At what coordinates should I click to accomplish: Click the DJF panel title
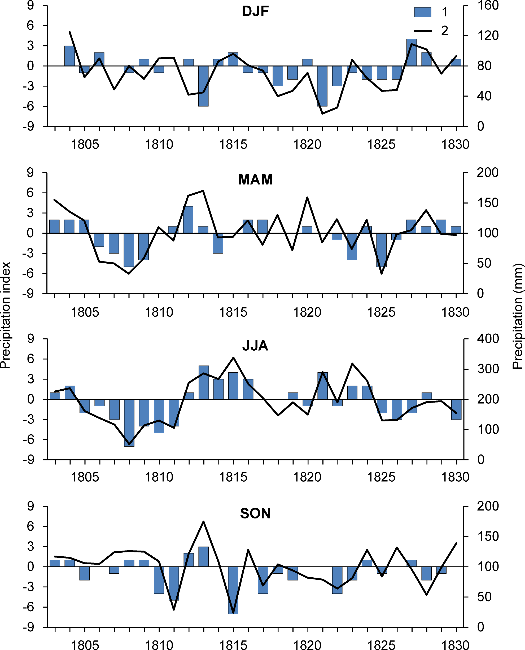pyautogui.click(x=255, y=11)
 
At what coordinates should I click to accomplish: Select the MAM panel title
pyautogui.click(x=255, y=180)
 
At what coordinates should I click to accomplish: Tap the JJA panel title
pyautogui.click(x=255, y=346)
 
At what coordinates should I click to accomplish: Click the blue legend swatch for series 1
pyautogui.click(x=422, y=12)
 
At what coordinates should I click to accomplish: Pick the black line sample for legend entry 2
pyautogui.click(x=422, y=31)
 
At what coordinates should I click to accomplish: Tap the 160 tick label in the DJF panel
pyautogui.click(x=488, y=6)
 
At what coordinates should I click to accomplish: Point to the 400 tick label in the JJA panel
pyautogui.click(x=488, y=339)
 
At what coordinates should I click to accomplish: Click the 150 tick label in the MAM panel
pyautogui.click(x=488, y=203)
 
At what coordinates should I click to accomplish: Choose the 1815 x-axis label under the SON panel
pyautogui.click(x=233, y=645)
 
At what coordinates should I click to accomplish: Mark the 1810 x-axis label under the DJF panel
pyautogui.click(x=159, y=144)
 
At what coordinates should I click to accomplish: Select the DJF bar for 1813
pyautogui.click(x=204, y=86)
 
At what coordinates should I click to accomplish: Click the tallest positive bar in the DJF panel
pyautogui.click(x=411, y=53)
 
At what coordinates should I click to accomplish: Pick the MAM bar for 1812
pyautogui.click(x=189, y=220)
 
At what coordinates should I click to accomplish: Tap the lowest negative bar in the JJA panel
pyautogui.click(x=129, y=422)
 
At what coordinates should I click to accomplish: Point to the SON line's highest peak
pyautogui.click(x=204, y=521)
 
